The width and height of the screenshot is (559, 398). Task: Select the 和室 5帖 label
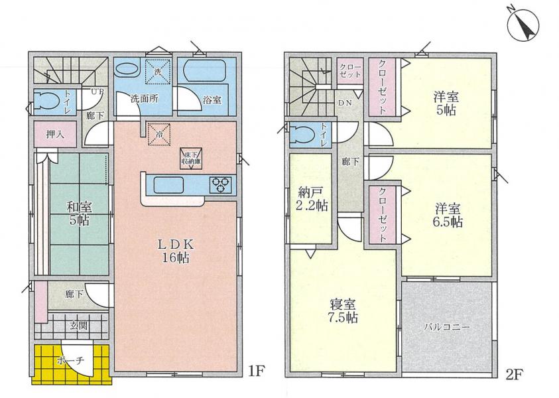click(x=79, y=214)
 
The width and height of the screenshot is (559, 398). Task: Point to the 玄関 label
click(x=78, y=326)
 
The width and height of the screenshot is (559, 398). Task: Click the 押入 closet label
click(x=55, y=134)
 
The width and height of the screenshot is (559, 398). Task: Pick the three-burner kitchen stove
click(x=220, y=185)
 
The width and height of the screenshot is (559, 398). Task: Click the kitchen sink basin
click(x=168, y=185)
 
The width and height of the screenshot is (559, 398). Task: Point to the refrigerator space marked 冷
click(x=159, y=135)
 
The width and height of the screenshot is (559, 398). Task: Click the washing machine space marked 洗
click(x=157, y=72)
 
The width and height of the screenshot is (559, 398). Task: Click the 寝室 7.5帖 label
click(x=342, y=311)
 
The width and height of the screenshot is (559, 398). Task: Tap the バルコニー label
click(x=447, y=327)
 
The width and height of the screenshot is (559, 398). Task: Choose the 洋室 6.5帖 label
click(x=447, y=216)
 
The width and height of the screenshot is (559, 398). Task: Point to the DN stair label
click(x=345, y=103)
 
